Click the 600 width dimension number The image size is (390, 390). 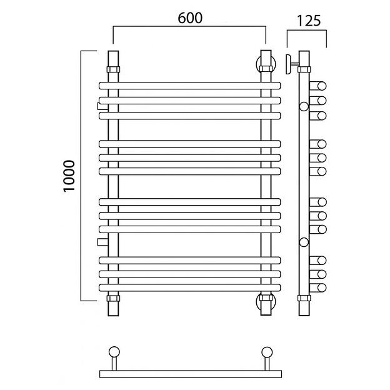tap(190, 18)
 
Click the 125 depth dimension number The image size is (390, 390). tap(309, 21)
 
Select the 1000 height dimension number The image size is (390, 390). tap(69, 176)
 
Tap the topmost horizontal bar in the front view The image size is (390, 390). tap(190, 86)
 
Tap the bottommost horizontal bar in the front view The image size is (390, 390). tap(190, 287)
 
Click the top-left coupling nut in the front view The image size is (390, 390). tap(113, 69)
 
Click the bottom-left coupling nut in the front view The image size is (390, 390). tap(113, 298)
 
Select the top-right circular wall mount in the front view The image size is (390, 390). tap(266, 64)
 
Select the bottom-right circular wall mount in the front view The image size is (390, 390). tap(266, 302)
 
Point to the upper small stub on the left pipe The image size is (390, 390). tap(102, 106)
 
